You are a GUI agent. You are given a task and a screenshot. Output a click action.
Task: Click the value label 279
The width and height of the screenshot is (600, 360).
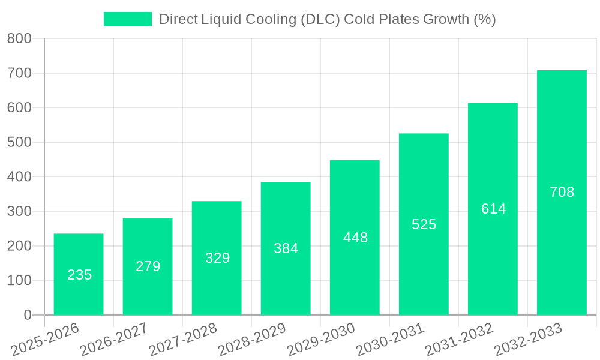148,266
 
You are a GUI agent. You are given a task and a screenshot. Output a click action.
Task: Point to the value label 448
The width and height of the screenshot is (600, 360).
355,238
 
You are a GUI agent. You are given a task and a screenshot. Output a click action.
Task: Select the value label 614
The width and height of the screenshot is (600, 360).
493,209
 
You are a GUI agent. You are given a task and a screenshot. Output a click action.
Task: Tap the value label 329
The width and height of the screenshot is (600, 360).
217,258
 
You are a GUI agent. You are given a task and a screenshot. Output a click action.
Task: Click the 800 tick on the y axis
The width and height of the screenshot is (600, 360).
19,39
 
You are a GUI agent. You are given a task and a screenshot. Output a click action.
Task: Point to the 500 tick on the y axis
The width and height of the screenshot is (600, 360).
19,142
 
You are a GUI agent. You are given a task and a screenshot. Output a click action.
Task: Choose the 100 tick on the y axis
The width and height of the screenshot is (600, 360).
19,280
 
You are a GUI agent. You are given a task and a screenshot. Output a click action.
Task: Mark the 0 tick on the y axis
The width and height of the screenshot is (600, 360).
28,315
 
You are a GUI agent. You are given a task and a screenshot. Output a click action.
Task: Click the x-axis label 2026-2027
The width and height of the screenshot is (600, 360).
114,338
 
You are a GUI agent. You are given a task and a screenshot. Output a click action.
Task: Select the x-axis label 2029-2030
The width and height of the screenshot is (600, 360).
321,338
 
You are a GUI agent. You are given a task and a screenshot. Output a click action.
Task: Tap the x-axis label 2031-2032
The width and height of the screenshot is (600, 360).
459,338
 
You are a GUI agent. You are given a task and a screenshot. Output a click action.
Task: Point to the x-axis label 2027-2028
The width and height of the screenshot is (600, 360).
183,338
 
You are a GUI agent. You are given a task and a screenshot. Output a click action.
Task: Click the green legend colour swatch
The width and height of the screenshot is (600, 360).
128,19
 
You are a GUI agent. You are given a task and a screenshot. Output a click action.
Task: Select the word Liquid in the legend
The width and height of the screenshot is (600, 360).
220,19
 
